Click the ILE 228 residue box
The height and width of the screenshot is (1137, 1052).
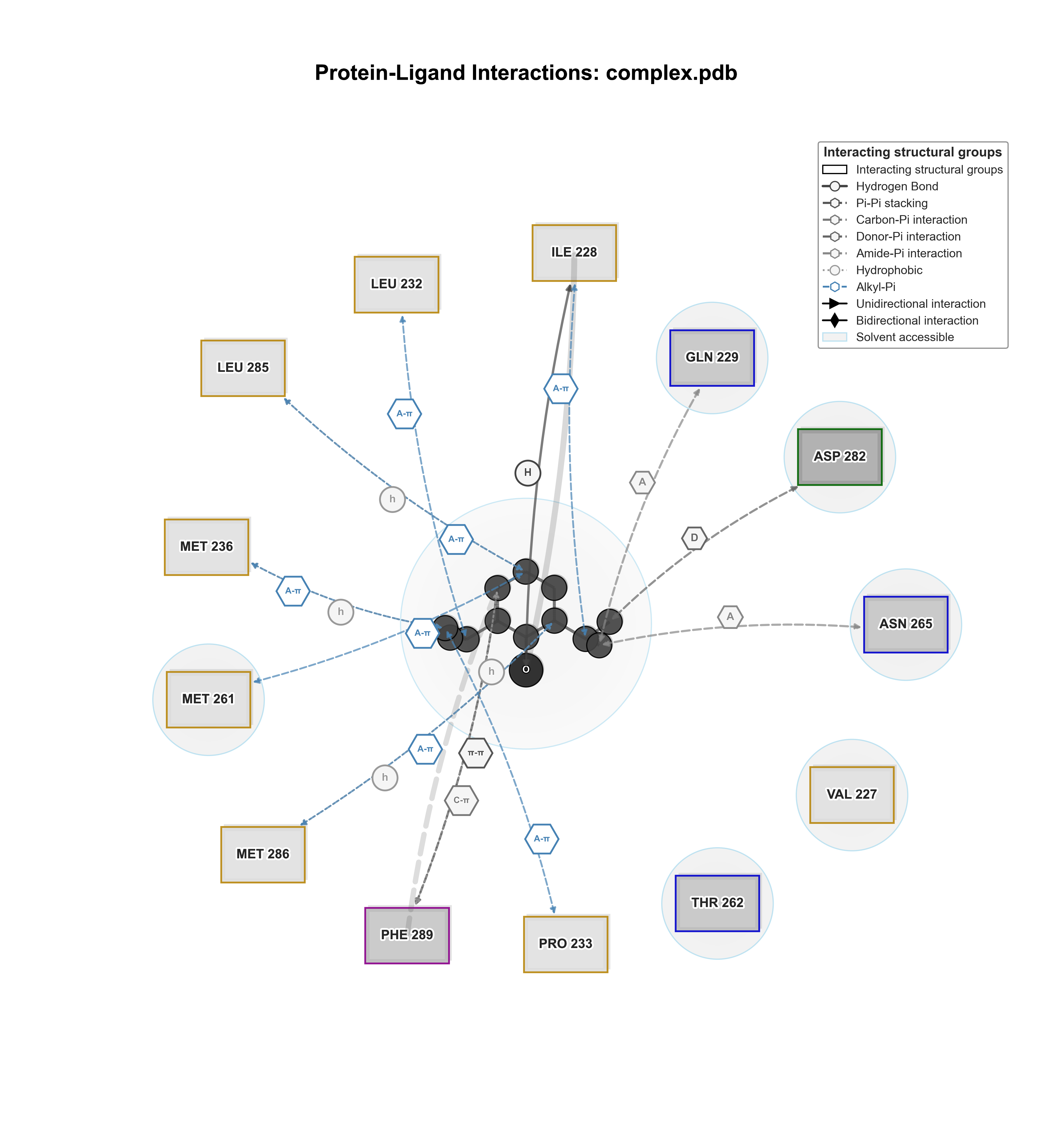pos(574,253)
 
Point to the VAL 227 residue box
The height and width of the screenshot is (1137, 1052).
pos(852,794)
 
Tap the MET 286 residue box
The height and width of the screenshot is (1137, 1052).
pos(263,854)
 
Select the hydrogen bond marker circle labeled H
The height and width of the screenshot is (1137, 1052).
pos(528,473)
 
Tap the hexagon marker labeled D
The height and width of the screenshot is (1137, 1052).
pos(694,538)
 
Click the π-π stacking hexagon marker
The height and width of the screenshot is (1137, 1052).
pos(475,753)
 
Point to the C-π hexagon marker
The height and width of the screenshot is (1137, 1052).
pos(461,800)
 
